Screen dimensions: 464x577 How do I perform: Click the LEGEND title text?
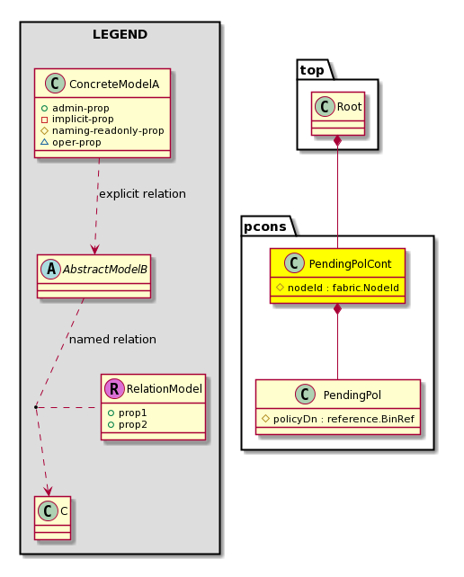click(x=120, y=34)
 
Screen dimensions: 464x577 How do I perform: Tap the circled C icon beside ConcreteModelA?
click(x=55, y=84)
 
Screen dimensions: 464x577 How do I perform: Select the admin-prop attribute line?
click(x=76, y=108)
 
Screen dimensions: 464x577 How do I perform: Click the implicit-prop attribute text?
click(x=83, y=120)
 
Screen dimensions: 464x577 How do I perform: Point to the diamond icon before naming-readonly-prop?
click(x=45, y=130)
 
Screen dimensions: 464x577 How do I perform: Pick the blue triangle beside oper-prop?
click(x=45, y=142)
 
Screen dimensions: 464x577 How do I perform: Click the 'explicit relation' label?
click(x=142, y=194)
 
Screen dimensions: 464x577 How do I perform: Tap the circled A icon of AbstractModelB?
click(x=51, y=269)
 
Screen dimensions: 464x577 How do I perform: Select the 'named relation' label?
click(x=112, y=340)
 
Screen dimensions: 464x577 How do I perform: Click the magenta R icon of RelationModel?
click(x=114, y=388)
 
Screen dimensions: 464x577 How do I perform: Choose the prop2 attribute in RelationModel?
click(x=128, y=424)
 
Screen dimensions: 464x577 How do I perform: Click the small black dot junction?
click(x=36, y=407)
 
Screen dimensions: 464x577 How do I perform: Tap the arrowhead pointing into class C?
click(x=49, y=491)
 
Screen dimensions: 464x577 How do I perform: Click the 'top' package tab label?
click(x=312, y=70)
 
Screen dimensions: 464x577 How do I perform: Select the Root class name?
click(x=349, y=107)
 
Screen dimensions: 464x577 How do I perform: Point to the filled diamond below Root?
click(x=337, y=140)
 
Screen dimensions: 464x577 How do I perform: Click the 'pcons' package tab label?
click(x=265, y=226)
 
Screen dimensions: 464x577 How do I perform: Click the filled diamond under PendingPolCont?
click(x=337, y=309)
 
